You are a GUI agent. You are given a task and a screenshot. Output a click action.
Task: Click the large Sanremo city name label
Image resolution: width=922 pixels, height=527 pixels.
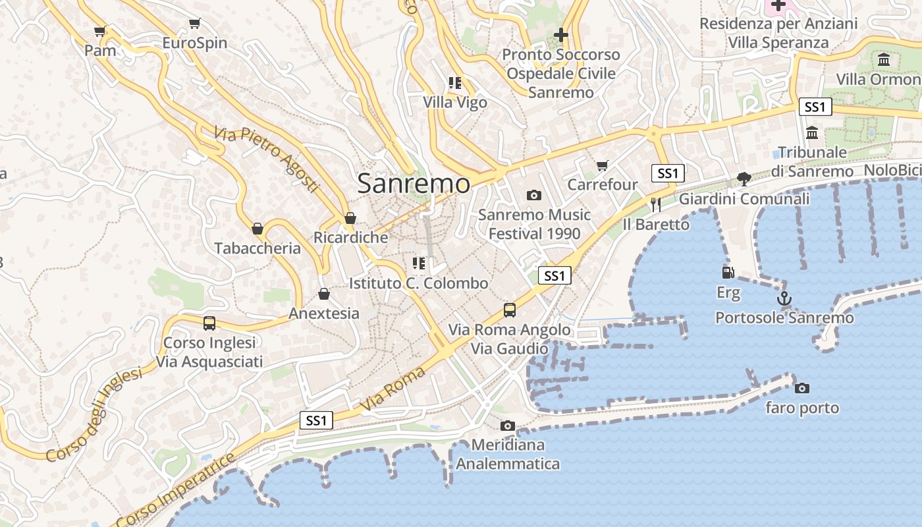pyautogui.click(x=414, y=184)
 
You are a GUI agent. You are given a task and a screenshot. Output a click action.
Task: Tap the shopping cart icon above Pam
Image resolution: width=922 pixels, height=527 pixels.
pyautogui.click(x=100, y=31)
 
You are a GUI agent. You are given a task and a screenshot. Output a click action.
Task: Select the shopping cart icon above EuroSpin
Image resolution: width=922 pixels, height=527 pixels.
pyautogui.click(x=194, y=24)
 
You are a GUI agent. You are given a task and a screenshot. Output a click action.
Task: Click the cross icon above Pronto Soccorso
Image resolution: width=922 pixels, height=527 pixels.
pyautogui.click(x=561, y=34)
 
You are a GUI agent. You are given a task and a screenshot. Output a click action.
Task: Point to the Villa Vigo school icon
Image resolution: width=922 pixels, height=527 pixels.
pyautogui.click(x=454, y=83)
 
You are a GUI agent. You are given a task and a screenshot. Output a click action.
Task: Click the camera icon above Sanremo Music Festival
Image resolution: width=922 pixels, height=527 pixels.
pyautogui.click(x=534, y=195)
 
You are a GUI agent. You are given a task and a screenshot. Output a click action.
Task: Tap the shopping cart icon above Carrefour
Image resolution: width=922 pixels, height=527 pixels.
pyautogui.click(x=603, y=165)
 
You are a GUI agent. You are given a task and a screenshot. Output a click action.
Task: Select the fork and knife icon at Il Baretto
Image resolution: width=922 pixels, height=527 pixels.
pyautogui.click(x=655, y=204)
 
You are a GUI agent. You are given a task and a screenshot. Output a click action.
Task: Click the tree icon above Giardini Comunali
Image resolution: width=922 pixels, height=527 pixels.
pyautogui.click(x=744, y=179)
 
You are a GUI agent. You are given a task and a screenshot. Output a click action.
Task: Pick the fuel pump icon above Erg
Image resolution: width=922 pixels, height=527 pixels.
pyautogui.click(x=728, y=272)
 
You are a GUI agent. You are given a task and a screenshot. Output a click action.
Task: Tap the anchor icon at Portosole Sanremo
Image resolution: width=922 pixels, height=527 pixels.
pyautogui.click(x=784, y=298)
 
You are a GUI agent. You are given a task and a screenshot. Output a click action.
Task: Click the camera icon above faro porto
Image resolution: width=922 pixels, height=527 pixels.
pyautogui.click(x=801, y=388)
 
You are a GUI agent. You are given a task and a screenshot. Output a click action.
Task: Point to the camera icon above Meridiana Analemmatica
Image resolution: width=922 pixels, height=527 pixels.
pyautogui.click(x=507, y=426)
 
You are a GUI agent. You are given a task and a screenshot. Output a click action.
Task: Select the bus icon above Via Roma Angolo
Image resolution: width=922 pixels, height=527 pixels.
pyautogui.click(x=509, y=310)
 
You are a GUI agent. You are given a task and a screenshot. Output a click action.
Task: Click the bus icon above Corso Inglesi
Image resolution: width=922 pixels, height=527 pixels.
pyautogui.click(x=209, y=323)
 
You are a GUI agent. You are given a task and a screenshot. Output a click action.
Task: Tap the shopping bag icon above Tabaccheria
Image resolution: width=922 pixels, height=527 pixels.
pyautogui.click(x=258, y=229)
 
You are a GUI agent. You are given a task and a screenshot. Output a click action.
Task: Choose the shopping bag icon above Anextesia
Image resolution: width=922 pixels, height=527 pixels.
pyautogui.click(x=323, y=293)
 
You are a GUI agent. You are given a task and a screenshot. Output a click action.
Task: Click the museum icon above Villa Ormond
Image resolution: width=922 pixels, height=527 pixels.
pyautogui.click(x=884, y=60)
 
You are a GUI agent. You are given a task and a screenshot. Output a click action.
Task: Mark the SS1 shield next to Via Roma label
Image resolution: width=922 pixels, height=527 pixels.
pyautogui.click(x=316, y=420)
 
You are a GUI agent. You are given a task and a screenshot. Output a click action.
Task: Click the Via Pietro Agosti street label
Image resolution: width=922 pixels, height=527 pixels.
pyautogui.click(x=267, y=160)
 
